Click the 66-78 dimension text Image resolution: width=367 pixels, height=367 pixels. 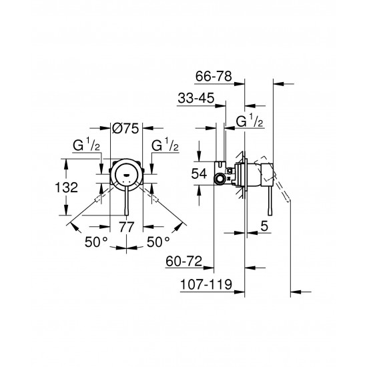pos(214,76)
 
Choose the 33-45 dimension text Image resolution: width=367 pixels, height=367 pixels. pos(196,99)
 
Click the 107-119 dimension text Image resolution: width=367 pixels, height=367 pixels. pos(208,285)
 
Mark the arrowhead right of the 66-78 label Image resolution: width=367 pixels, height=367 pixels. pos(278,83)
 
